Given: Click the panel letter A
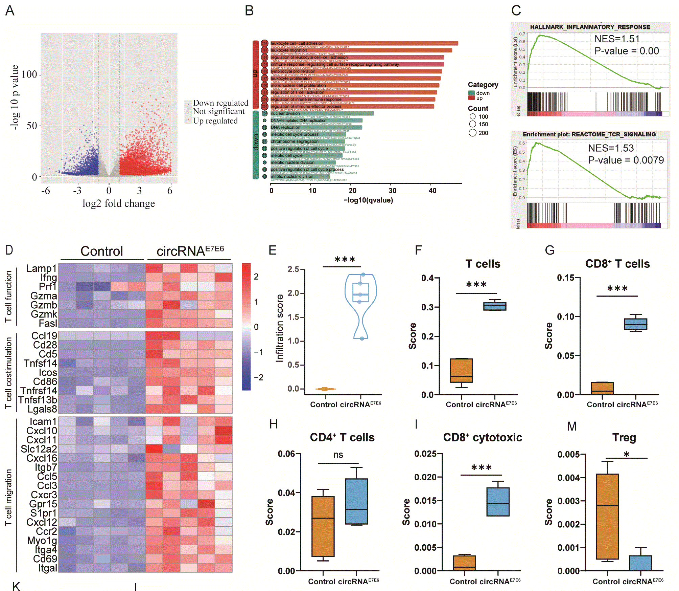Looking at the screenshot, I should (10, 11).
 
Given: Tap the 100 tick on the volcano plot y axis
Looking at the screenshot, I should (29, 74).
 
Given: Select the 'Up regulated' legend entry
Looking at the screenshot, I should (215, 121).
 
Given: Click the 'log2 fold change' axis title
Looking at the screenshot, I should (119, 203).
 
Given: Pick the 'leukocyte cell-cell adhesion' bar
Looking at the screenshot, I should (364, 43).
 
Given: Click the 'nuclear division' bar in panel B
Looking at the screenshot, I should (322, 113).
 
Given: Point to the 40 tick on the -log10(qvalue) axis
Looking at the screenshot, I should (432, 191).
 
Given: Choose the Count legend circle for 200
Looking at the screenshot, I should (473, 133).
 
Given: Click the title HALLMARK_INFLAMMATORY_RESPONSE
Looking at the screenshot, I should (590, 27).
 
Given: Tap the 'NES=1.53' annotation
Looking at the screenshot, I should (611, 148).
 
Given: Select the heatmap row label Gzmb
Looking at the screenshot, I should (44, 305).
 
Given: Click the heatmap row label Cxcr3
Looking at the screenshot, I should (44, 495).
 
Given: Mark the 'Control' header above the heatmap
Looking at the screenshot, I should (101, 251).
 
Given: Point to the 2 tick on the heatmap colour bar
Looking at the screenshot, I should (256, 277).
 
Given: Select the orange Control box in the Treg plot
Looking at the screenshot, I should (607, 516).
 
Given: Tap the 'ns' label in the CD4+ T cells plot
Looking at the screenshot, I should (338, 455).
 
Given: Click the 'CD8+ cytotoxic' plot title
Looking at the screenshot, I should (483, 437).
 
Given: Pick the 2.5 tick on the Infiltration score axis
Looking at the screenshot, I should (293, 269).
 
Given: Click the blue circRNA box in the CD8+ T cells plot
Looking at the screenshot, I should (636, 324).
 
